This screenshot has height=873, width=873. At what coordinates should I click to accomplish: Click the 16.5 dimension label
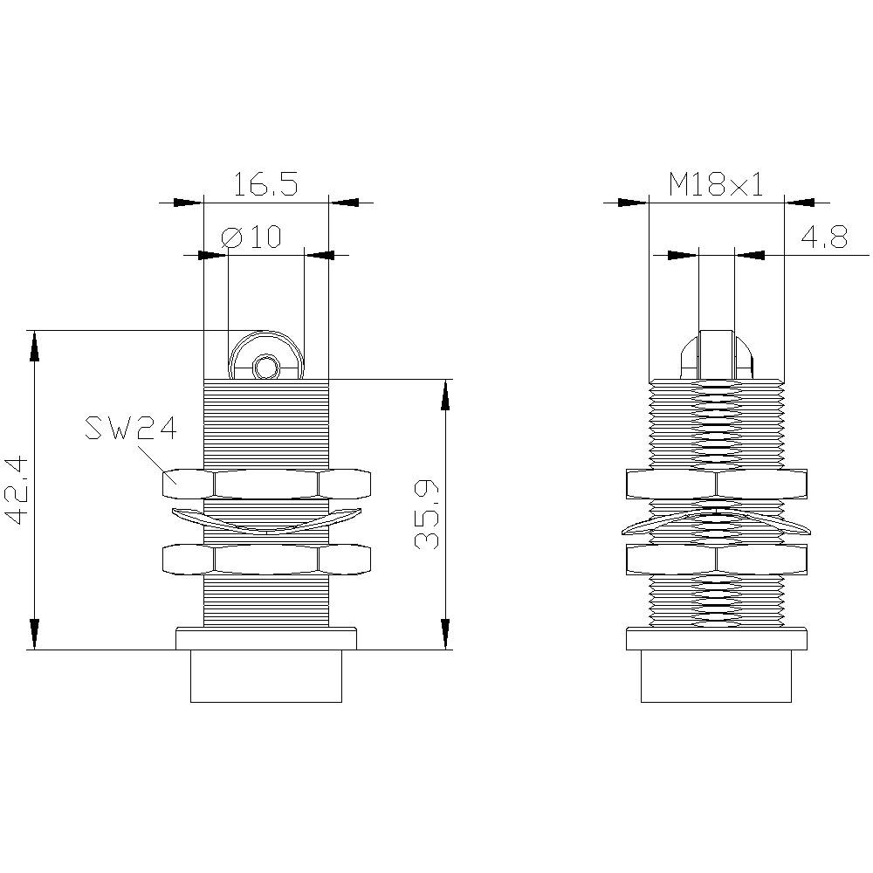tap(265, 184)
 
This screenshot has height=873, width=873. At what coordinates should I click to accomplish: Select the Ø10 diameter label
tap(251, 237)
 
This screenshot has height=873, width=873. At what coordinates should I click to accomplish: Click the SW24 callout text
tap(131, 429)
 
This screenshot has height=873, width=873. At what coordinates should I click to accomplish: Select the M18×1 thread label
tap(716, 184)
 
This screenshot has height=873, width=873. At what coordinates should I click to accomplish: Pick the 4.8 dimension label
tap(822, 238)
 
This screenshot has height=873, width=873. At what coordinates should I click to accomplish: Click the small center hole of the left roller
tap(265, 368)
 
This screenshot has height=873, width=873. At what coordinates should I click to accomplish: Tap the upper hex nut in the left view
tap(266, 484)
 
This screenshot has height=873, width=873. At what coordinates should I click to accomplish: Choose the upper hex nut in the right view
tap(716, 484)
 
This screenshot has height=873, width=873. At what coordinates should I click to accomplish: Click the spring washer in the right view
tap(716, 523)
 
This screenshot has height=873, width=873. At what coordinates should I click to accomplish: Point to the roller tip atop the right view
tap(716, 354)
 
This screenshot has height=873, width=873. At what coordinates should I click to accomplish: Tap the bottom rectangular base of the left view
tap(266, 676)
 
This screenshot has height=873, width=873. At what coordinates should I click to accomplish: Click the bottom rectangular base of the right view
tap(716, 676)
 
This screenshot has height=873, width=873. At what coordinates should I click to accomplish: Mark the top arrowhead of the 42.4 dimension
tap(34, 345)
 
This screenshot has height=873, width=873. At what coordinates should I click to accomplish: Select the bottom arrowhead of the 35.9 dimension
tap(445, 635)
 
